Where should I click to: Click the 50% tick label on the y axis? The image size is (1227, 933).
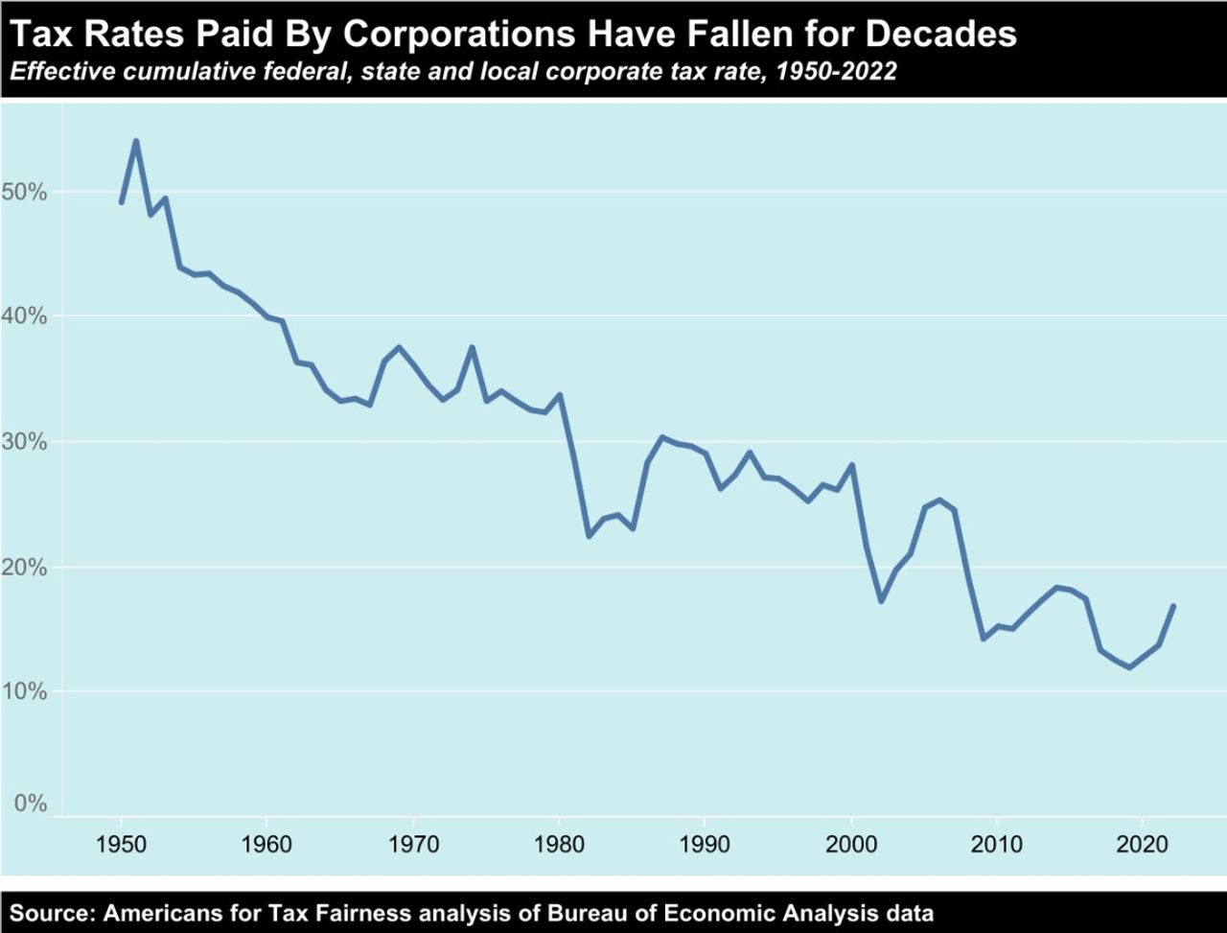click(x=25, y=192)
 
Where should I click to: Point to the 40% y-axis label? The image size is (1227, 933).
click(x=25, y=316)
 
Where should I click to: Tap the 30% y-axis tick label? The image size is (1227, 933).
click(x=25, y=442)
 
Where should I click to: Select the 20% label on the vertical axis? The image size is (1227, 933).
click(x=25, y=567)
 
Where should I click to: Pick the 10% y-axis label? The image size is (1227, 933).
click(x=25, y=691)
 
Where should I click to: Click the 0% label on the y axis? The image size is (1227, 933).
click(x=31, y=804)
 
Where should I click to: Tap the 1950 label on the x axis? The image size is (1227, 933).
click(x=121, y=846)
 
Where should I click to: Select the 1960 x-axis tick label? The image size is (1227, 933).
click(x=266, y=846)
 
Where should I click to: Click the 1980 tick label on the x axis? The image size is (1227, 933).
click(x=559, y=846)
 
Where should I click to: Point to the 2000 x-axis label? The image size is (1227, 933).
click(x=851, y=846)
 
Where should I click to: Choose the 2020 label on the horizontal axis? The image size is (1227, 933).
click(x=1143, y=846)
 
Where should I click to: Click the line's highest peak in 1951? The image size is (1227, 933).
click(x=135, y=141)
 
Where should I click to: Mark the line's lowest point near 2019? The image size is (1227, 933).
click(x=1130, y=667)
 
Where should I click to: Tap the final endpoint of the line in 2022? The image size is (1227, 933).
click(x=1173, y=606)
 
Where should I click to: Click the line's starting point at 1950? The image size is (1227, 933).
click(x=121, y=202)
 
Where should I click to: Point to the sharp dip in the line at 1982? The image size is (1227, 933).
click(x=589, y=536)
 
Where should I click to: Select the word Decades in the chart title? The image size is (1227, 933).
click(x=940, y=35)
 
